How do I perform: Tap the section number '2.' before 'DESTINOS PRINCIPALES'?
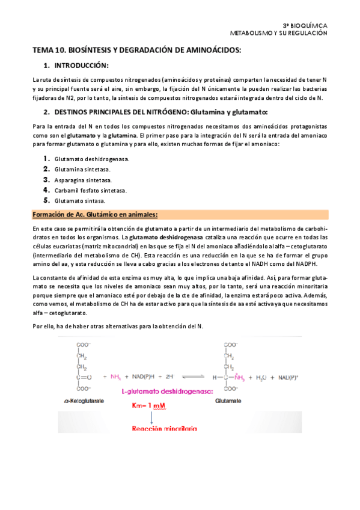coord(46,112)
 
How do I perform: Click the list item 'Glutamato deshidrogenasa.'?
coord(84,159)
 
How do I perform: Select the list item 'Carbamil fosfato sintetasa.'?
coord(90,190)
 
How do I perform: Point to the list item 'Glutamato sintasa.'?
coord(79,200)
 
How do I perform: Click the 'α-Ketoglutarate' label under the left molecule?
coord(93,398)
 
